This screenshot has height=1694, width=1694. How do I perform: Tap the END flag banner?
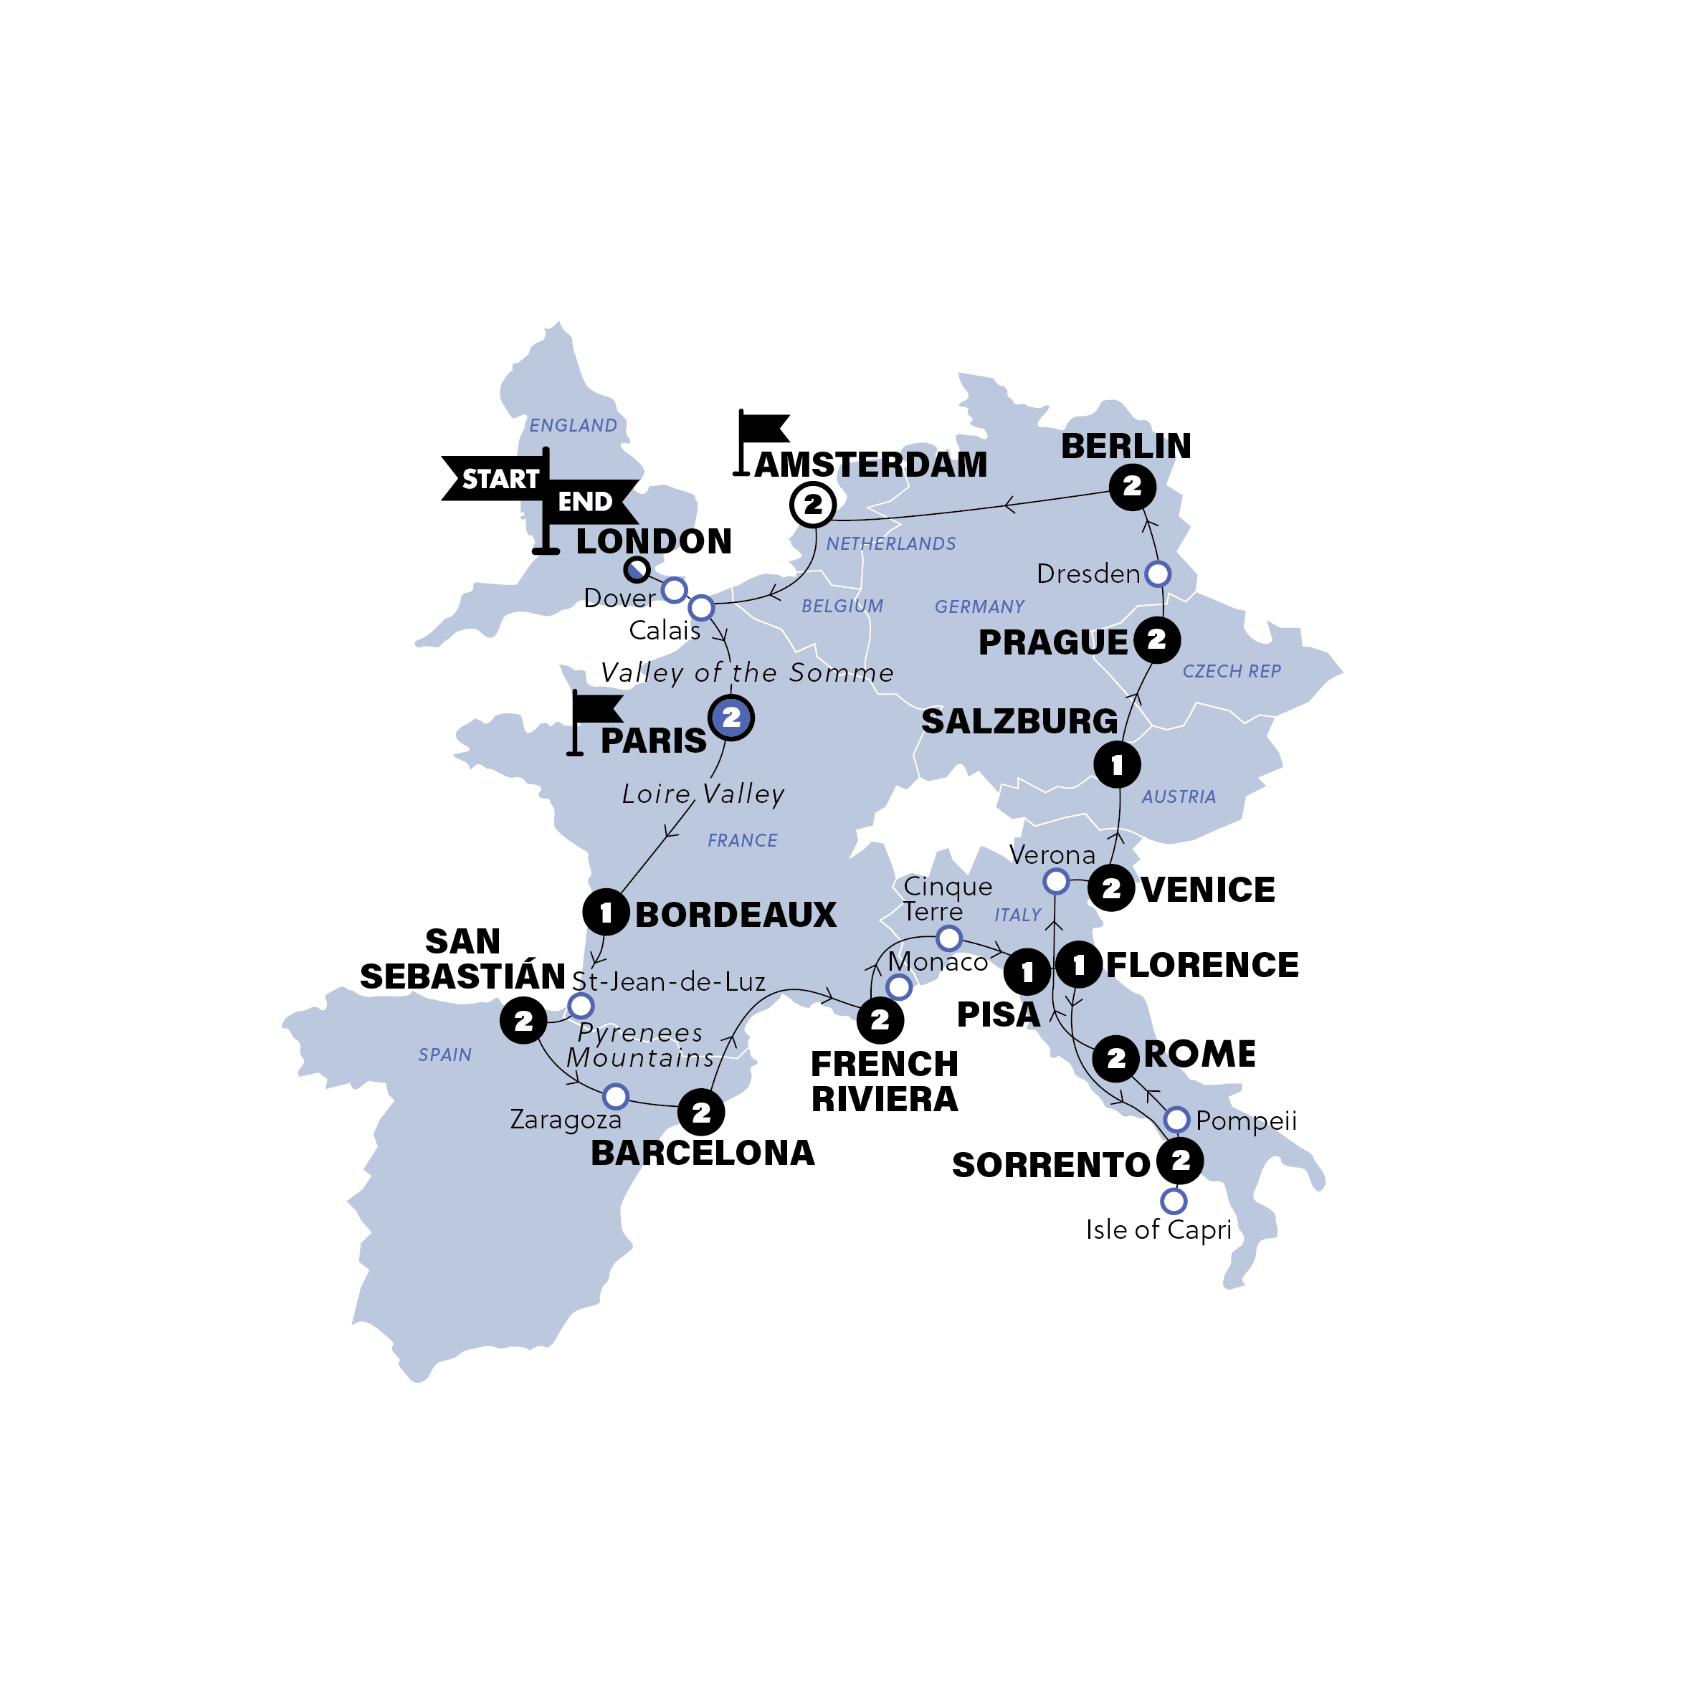[x=587, y=502]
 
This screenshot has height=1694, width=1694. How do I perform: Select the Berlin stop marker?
[x=1131, y=487]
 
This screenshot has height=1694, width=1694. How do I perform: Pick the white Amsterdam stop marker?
[x=813, y=504]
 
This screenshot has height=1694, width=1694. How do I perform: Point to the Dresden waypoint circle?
[x=1157, y=574]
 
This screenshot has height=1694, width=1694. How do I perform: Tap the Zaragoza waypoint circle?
[x=616, y=1096]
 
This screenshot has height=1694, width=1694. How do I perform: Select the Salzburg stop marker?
[x=1116, y=765]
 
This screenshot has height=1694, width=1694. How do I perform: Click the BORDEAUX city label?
[x=736, y=915]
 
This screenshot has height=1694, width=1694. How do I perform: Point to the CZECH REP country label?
[x=1231, y=672]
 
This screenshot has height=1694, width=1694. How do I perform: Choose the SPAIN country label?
[x=444, y=1055]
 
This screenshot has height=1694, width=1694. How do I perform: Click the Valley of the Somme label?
[x=747, y=673]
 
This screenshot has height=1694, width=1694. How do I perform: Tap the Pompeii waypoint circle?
[x=1176, y=1120]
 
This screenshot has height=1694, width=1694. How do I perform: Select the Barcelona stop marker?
[x=700, y=1113]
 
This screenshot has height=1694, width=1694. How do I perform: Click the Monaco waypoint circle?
[x=899, y=987]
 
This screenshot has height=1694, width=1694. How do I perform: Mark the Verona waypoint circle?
[x=1056, y=880]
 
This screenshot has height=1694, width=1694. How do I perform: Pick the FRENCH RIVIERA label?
[x=884, y=1081]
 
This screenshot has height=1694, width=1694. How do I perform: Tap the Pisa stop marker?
[x=1027, y=971]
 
